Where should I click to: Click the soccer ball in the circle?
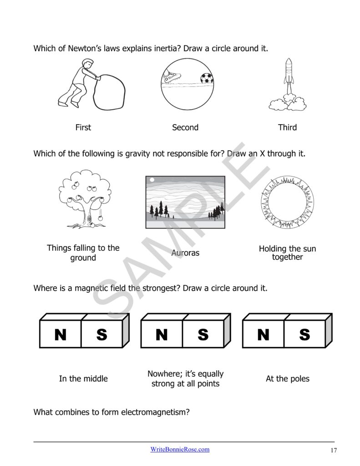tap(207, 78)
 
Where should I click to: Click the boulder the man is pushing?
tap(109, 92)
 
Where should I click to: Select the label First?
tap(83, 127)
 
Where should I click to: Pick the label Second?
tap(185, 127)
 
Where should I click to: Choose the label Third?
tap(287, 127)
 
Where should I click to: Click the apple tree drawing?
tap(84, 198)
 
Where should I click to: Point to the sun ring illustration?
tap(287, 202)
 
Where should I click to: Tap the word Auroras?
tap(185, 253)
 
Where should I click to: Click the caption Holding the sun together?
tap(287, 253)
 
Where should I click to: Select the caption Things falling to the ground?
tap(83, 253)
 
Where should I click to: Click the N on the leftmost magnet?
tap(60, 335)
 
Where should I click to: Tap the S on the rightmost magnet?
tap(304, 335)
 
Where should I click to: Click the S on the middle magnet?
tap(203, 335)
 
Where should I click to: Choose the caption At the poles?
tap(287, 379)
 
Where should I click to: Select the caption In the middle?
tap(83, 379)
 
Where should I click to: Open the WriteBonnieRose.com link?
tap(180, 449)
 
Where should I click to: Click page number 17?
tap(334, 451)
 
